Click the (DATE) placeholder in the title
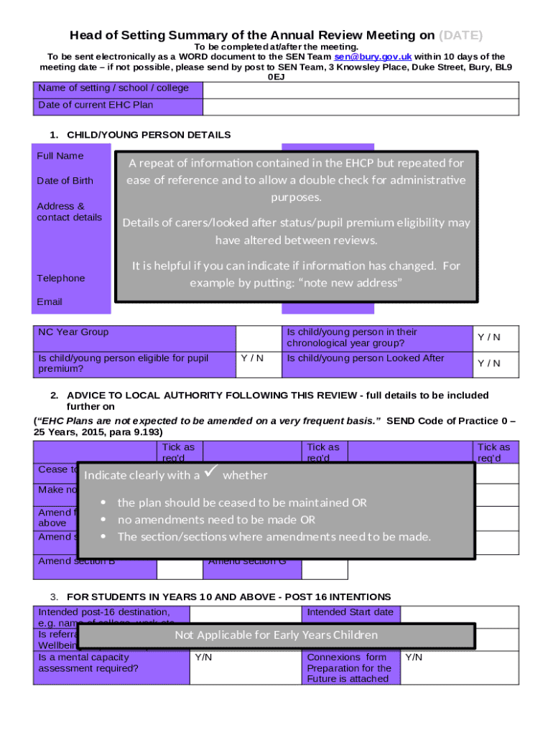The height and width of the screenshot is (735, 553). tap(460, 35)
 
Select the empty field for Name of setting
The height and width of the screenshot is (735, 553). tap(361, 89)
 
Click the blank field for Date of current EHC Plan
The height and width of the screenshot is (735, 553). tap(361, 106)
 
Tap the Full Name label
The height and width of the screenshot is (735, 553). tap(60, 156)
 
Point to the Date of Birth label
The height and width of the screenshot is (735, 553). tap(65, 181)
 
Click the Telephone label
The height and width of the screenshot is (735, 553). tap(61, 278)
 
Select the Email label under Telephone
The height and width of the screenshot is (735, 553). tap(50, 302)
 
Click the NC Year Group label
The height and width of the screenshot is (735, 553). tap(73, 332)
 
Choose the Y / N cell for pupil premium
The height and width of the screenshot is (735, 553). tap(251, 358)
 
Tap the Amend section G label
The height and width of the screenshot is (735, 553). tap(246, 561)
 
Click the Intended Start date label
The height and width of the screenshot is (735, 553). tap(350, 612)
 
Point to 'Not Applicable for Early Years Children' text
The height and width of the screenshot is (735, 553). tap(276, 635)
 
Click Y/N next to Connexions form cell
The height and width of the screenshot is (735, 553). tap(414, 657)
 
